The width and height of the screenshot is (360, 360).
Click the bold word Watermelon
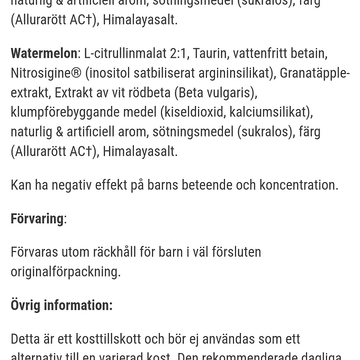point(44,53)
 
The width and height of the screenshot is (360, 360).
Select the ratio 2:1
point(178,53)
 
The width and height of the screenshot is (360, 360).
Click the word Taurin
point(210,53)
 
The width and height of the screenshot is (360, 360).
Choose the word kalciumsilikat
point(269,112)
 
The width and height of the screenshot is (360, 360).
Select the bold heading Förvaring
point(37,219)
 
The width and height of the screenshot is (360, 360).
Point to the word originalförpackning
point(65,272)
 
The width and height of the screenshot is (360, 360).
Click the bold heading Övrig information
point(61,305)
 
